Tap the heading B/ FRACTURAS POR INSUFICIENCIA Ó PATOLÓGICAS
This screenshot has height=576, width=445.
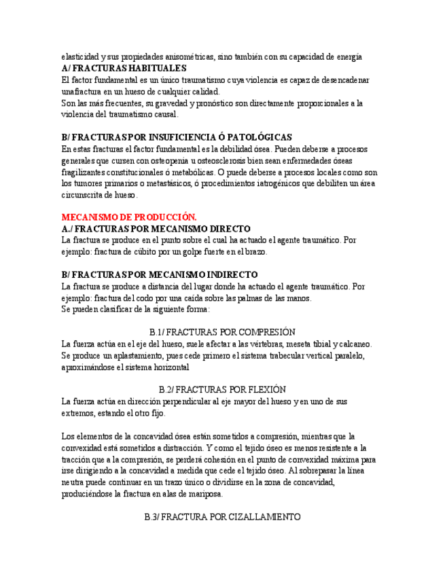coord(176,137)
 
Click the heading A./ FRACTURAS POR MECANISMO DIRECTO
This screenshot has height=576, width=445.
coord(156,228)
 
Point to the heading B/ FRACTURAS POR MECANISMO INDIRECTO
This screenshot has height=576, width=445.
coord(159,274)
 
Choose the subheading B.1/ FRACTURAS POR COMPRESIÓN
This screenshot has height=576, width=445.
coord(222,332)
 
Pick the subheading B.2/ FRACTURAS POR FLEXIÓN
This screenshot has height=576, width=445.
coord(222,390)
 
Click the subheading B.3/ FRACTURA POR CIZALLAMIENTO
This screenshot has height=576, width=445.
coord(222,517)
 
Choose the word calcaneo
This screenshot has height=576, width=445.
coord(353,344)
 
